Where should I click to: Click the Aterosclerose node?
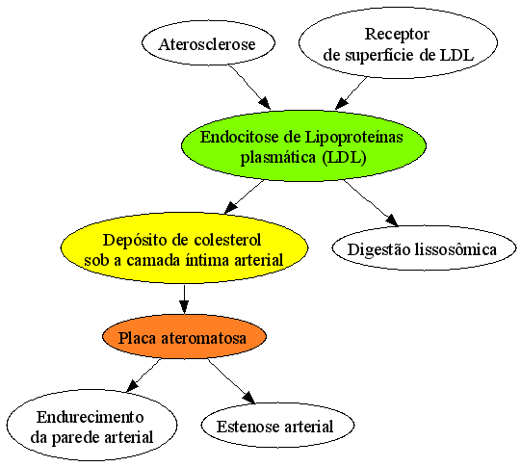pyautogui.click(x=208, y=43)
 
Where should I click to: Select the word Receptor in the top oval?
pyautogui.click(x=397, y=35)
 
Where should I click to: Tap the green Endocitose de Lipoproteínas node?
pyautogui.click(x=303, y=145)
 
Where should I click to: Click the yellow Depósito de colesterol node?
pyautogui.click(x=184, y=247)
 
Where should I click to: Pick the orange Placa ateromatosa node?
pyautogui.click(x=184, y=336)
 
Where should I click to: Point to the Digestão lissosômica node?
pyautogui.click(x=424, y=247)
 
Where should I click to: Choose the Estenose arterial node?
pyautogui.click(x=277, y=426)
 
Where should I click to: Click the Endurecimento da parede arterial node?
pyautogui.click(x=91, y=426)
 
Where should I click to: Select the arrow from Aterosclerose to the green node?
pyautogui.click(x=249, y=87)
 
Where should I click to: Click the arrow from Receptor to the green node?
pyautogui.click(x=352, y=93)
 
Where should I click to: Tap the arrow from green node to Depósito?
pyautogui.click(x=245, y=196)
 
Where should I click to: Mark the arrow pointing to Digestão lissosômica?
pyautogui.click(x=371, y=203)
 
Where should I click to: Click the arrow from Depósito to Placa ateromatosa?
pyautogui.click(x=184, y=298)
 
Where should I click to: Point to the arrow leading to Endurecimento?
pyautogui.click(x=143, y=376)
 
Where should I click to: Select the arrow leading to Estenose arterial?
pyautogui.click(x=231, y=381)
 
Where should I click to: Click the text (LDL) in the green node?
pyautogui.click(x=344, y=157)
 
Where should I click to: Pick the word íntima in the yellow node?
pyautogui.click(x=208, y=260)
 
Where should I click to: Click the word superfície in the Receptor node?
pyautogui.click(x=379, y=55)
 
